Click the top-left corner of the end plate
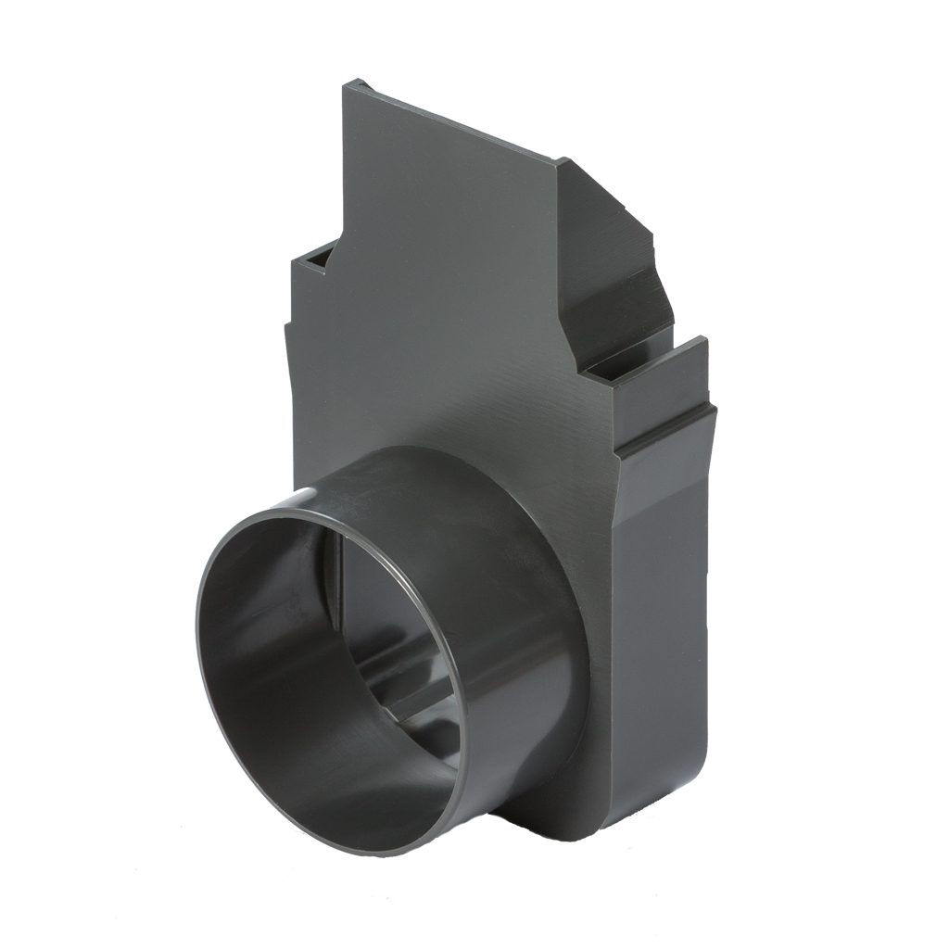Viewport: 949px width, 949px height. pos(346,85)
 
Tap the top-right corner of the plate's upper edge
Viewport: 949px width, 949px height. pos(559,161)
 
